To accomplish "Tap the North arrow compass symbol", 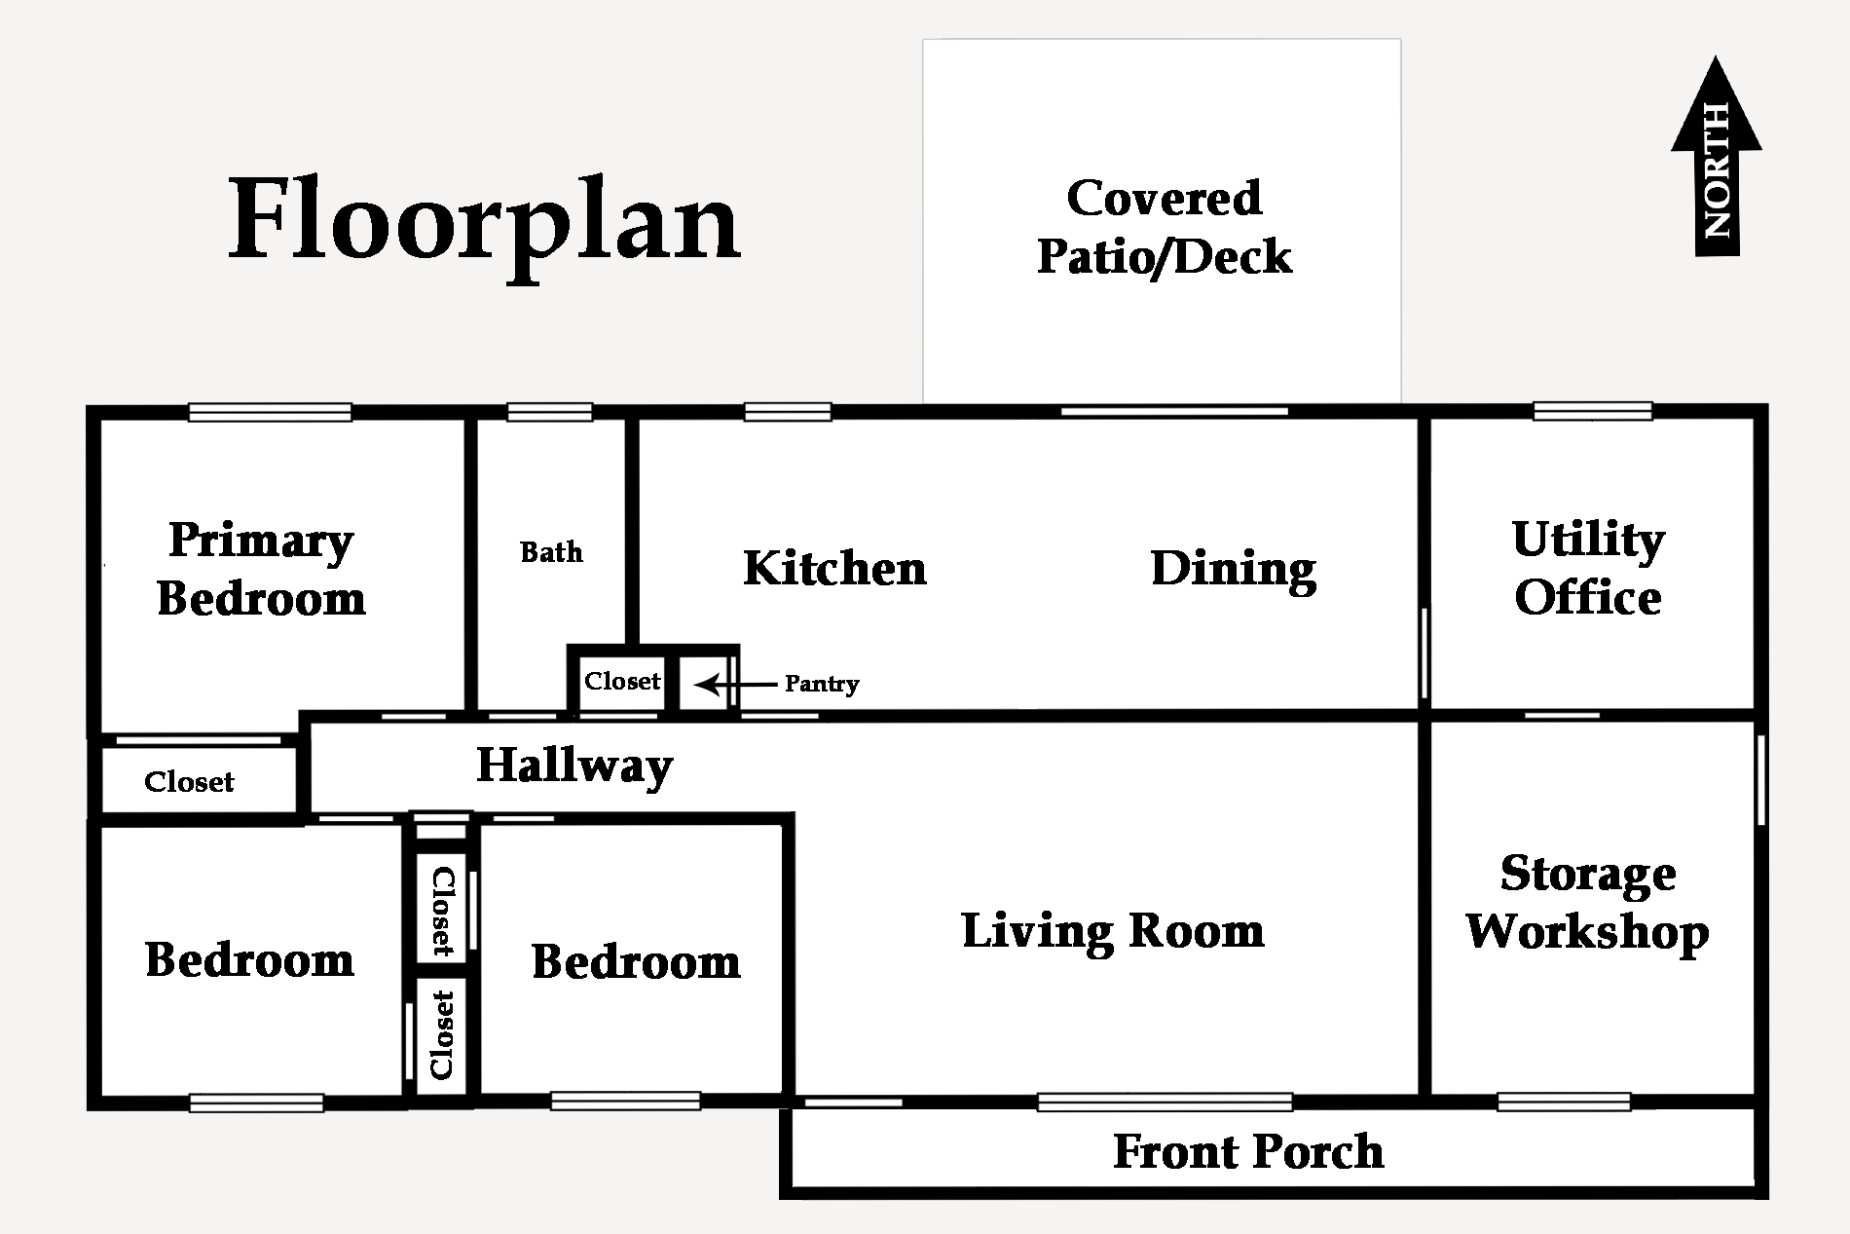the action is click(1716, 156).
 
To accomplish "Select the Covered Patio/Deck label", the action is click(1164, 228).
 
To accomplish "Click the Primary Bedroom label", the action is click(261, 570).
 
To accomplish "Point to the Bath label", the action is click(551, 552).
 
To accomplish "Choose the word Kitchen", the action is click(834, 568).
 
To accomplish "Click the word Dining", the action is click(1234, 570).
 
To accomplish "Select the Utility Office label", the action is click(1588, 569).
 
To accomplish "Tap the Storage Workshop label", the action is click(1587, 903).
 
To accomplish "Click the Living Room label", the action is click(1113, 931).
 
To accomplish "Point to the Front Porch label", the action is click(1248, 1152).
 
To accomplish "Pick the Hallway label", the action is click(574, 767).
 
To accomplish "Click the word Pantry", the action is click(822, 685).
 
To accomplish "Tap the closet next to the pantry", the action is click(622, 681).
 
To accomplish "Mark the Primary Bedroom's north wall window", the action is click(270, 413).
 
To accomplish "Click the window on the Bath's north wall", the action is click(550, 413).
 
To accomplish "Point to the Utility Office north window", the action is click(1593, 412).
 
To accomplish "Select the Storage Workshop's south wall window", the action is click(1564, 1103).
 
